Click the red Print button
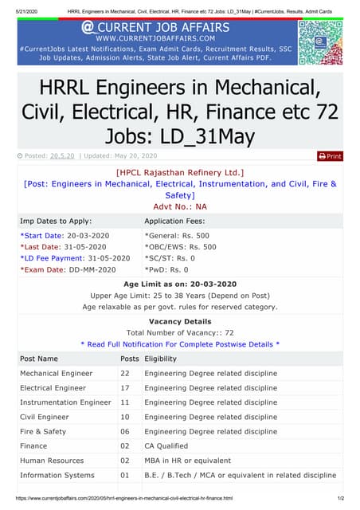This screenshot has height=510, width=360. tap(330, 156)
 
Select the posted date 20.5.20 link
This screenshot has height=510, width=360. tap(62, 156)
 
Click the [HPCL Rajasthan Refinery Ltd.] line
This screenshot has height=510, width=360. tap(180, 172)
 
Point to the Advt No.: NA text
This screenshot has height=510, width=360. tap(180, 206)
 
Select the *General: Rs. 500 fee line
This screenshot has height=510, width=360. tap(177, 236)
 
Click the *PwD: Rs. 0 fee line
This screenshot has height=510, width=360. tap(166, 269)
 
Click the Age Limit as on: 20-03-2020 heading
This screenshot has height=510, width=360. tap(180, 284)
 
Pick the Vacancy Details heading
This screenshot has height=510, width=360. tap(180, 322)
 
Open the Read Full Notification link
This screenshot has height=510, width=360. tap(180, 344)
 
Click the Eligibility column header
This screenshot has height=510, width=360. tap(160, 359)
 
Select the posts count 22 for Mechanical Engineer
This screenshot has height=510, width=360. tap(125, 374)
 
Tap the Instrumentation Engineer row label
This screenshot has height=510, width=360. tap(65, 402)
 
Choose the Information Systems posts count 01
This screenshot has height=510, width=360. tap(125, 476)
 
